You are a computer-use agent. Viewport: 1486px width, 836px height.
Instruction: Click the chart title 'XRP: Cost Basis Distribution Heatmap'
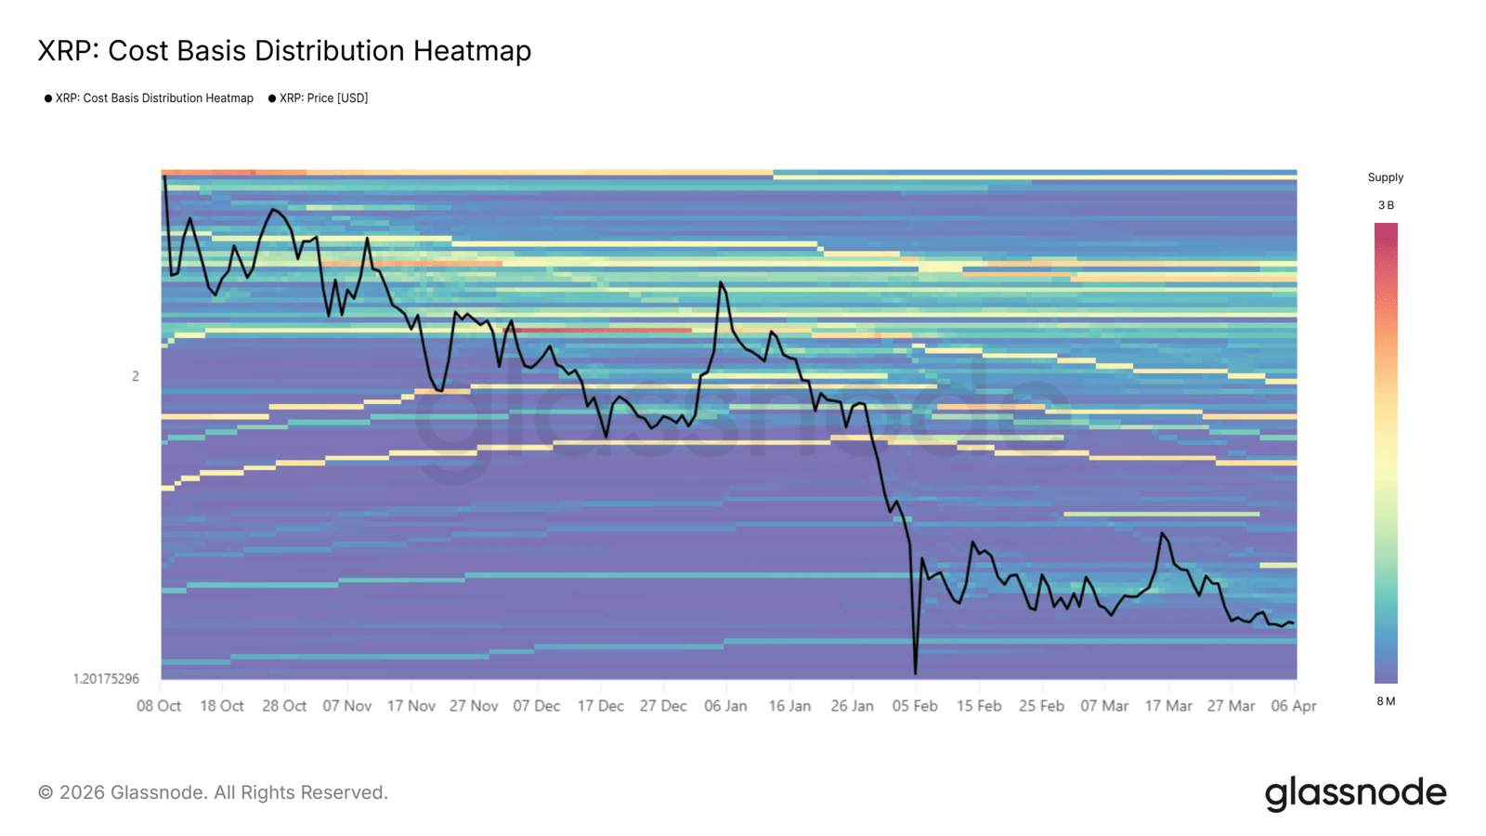pos(284,51)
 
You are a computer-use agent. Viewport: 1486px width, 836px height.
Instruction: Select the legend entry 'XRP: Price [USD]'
pos(323,98)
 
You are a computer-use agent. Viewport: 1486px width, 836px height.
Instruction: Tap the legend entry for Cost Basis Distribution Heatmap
pos(153,98)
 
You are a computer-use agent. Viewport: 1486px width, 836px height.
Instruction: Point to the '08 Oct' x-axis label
pos(159,706)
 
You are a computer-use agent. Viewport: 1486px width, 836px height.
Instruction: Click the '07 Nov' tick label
pos(346,706)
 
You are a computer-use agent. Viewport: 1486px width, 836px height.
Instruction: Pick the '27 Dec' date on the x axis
pos(663,706)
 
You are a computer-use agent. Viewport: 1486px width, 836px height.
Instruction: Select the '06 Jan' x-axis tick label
pos(725,706)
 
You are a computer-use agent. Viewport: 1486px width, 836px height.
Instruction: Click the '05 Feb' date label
pos(915,706)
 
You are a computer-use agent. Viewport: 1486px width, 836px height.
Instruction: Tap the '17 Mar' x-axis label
pos(1167,706)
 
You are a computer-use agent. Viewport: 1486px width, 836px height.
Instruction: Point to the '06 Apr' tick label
pos(1293,706)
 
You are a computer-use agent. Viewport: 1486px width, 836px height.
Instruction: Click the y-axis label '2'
pos(136,376)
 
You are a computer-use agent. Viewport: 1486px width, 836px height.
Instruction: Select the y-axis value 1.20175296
pos(106,679)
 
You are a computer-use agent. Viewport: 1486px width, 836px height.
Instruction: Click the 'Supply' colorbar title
pos(1385,177)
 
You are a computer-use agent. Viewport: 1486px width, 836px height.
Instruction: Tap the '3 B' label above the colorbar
pos(1386,205)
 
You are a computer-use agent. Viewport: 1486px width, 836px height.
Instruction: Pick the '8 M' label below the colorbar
pos(1386,701)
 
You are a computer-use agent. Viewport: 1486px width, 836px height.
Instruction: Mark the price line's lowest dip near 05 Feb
pos(915,673)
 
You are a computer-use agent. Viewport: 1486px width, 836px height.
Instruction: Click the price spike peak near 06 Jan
pos(721,282)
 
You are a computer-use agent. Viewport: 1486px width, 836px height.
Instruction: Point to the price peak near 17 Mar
pos(1162,533)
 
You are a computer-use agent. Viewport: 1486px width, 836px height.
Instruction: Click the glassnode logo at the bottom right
pos(1355,793)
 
